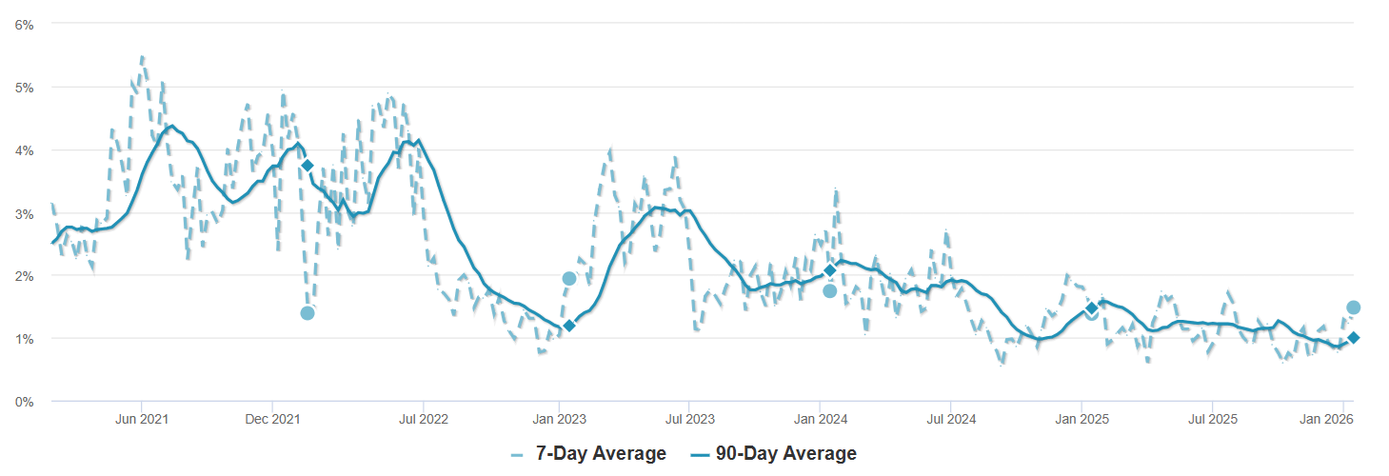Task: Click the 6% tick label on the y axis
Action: point(24,25)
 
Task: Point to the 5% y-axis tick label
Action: point(24,88)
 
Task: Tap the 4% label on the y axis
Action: point(24,150)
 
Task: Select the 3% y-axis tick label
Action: point(24,213)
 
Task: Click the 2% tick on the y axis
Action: point(24,276)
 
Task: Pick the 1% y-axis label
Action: point(24,339)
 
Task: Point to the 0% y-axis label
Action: point(24,402)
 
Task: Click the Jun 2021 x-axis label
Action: point(142,419)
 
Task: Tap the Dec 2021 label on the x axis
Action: point(272,419)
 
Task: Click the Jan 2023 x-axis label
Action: point(559,419)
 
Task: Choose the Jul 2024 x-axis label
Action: point(949,419)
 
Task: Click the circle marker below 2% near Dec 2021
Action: point(308,313)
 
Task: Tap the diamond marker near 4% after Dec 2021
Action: point(308,166)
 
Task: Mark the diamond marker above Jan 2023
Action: point(569,326)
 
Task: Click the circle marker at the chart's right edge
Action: point(1354,307)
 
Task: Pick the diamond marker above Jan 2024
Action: point(830,270)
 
